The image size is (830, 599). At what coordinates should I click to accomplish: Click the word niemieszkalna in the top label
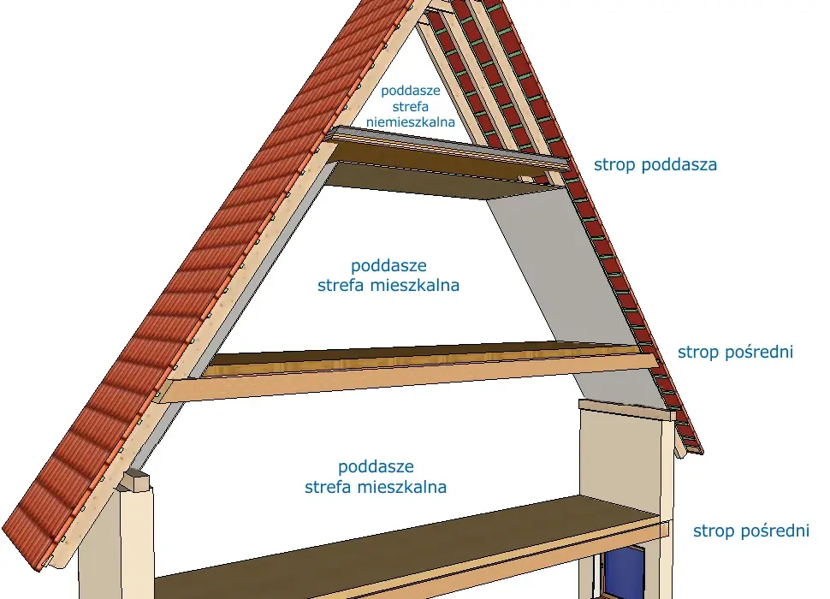tap(410, 122)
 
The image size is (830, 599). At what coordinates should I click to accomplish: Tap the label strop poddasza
tap(655, 164)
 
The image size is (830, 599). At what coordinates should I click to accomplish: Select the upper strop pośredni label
tap(735, 352)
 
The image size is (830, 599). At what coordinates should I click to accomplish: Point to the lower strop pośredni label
tap(751, 531)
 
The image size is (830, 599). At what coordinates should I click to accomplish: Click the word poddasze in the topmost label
tap(410, 91)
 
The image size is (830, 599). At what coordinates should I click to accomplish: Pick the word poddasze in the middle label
tap(388, 265)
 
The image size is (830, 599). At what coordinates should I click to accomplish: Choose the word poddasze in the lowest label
tap(376, 466)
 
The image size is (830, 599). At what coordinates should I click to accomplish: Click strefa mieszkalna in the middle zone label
tap(388, 286)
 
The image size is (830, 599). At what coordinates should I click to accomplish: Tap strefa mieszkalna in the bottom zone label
tap(376, 487)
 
